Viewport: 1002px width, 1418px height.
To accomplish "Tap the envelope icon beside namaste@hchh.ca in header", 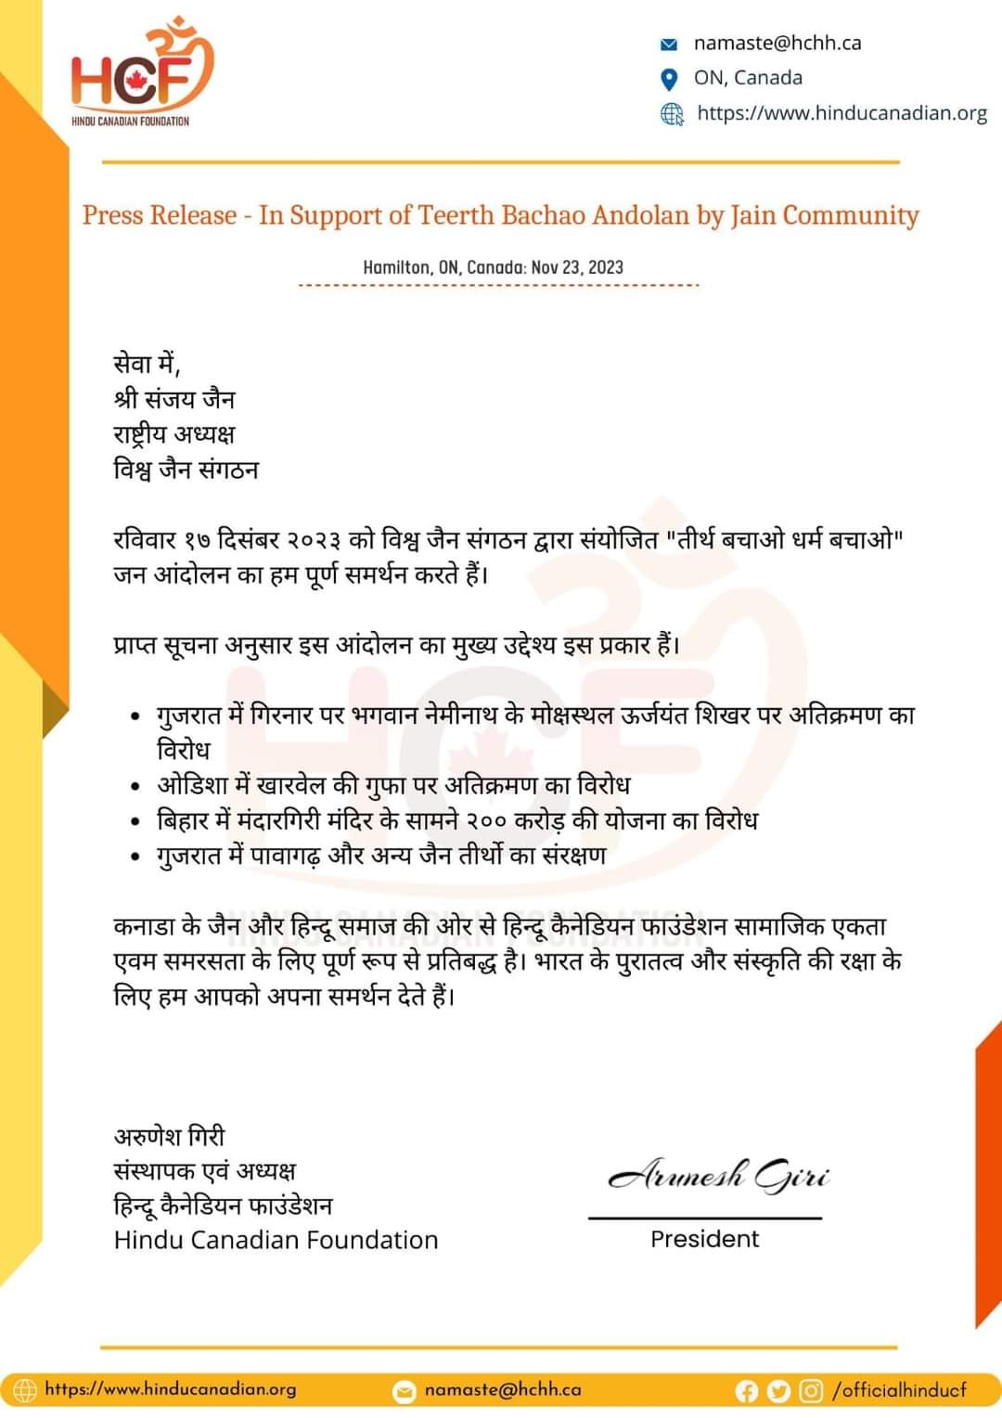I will coord(669,44).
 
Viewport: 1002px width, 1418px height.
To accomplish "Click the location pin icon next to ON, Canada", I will coord(669,79).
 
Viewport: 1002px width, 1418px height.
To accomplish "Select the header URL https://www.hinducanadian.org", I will coord(841,113).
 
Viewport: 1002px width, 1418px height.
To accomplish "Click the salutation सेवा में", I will coord(146,364).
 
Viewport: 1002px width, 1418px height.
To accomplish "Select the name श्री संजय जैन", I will coord(174,399).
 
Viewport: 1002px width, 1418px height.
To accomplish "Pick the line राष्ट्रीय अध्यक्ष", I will coord(174,434).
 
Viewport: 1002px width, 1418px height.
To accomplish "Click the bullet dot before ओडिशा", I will coord(136,787).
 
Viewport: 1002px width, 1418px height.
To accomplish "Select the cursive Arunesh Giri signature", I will coord(718,1176).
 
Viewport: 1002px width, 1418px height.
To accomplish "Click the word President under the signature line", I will coord(704,1239).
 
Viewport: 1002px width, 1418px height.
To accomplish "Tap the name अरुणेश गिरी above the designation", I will coord(170,1136).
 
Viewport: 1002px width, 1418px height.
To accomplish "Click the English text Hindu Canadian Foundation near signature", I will coord(276,1240).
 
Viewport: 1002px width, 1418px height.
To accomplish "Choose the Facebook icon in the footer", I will coord(747,1390).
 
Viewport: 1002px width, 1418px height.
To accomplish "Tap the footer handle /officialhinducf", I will coord(900,1390).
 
